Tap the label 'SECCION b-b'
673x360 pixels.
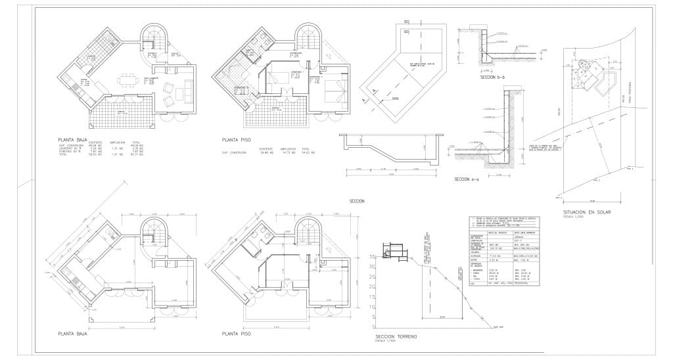click(x=492, y=77)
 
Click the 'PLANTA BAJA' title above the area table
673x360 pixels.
click(x=74, y=139)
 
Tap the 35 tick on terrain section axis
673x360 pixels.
click(x=372, y=257)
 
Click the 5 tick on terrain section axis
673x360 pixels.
click(x=372, y=316)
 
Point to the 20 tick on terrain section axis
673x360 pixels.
click(x=372, y=286)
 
